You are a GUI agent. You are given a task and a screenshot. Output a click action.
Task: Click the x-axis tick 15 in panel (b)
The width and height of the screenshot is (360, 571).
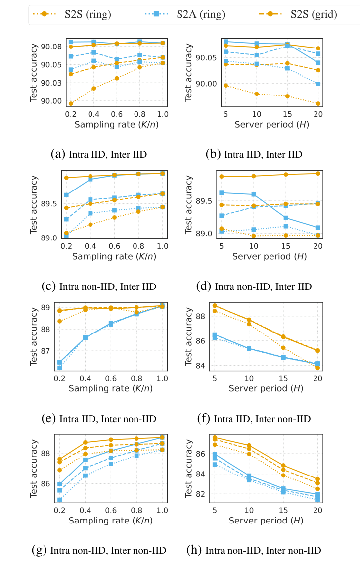[x=287, y=114]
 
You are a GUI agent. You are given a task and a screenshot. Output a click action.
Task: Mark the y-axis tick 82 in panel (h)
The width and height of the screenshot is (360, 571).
[x=204, y=494]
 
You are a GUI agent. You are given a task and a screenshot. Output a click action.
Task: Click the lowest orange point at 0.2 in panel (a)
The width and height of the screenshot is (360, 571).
[x=71, y=103]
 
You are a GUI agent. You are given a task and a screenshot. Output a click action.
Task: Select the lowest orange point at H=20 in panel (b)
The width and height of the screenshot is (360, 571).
[x=318, y=103]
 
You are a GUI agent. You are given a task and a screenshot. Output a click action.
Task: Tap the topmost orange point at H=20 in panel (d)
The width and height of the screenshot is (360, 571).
[x=318, y=173]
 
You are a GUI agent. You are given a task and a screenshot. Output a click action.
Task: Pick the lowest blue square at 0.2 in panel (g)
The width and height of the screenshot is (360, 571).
[x=59, y=500]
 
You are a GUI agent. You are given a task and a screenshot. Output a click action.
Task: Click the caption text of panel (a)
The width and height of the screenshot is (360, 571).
[x=99, y=154]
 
